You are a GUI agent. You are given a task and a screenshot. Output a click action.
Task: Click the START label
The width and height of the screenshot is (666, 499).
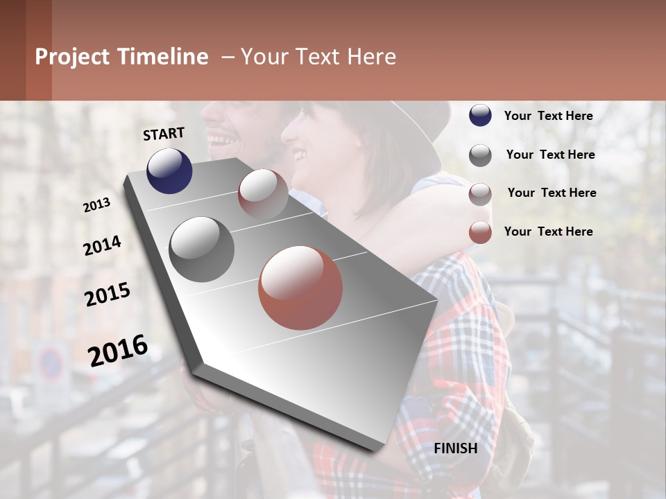click(164, 134)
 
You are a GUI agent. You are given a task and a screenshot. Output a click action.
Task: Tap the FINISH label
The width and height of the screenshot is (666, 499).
click(455, 448)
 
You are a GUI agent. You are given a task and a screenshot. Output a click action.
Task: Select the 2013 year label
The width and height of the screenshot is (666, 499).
click(96, 205)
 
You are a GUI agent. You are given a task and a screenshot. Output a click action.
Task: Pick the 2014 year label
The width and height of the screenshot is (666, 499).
click(102, 245)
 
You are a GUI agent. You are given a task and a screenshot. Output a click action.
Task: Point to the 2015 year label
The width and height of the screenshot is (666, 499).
click(108, 295)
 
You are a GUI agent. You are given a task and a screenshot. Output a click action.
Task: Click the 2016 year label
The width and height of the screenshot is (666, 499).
click(118, 351)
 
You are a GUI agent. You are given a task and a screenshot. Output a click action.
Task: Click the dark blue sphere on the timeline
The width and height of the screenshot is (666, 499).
click(169, 170)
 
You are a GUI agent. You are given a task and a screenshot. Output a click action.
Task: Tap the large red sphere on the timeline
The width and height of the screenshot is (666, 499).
click(300, 288)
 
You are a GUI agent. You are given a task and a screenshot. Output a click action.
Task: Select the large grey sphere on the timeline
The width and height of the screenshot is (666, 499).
click(202, 249)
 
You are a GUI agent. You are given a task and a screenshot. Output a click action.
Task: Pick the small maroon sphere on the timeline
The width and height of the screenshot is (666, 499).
click(263, 193)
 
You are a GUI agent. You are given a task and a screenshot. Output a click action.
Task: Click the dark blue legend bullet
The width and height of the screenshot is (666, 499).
click(480, 116)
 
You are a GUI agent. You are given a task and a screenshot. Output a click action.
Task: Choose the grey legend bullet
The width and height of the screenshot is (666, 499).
click(480, 155)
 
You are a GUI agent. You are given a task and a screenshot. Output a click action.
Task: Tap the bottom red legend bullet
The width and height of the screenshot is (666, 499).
click(480, 232)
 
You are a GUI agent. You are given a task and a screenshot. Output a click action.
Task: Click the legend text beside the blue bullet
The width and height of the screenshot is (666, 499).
click(548, 116)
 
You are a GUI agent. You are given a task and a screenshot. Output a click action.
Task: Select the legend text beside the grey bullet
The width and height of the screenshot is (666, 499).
click(550, 155)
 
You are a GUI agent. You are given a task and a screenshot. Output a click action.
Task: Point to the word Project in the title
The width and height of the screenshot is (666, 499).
click(72, 57)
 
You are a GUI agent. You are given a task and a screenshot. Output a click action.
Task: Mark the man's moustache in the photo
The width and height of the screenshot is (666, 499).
click(221, 132)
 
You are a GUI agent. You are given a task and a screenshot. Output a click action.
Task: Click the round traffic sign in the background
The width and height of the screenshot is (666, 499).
click(50, 362)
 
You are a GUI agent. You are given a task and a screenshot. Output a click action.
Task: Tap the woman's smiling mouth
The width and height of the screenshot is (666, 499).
click(300, 154)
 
